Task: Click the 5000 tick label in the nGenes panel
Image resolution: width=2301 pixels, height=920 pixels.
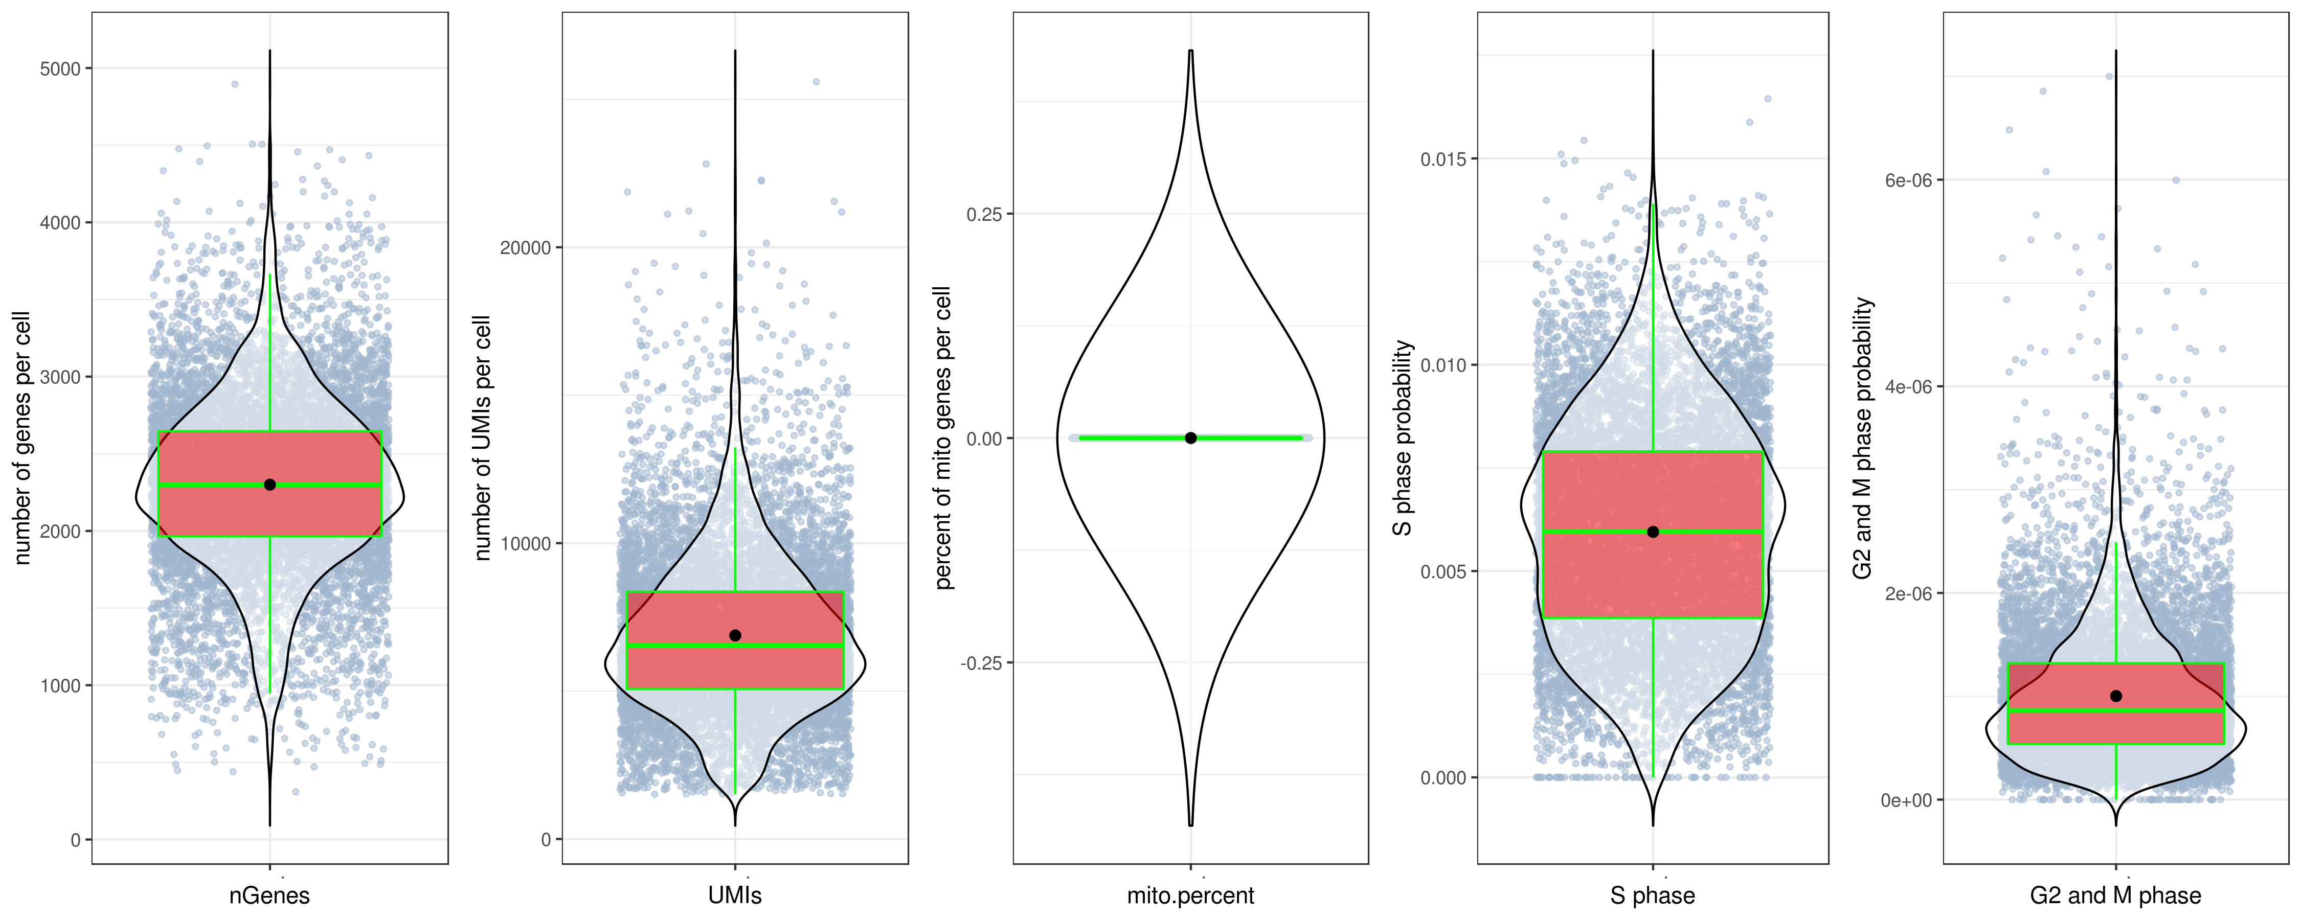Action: [60, 69]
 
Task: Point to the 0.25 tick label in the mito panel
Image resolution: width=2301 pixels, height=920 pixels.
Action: [983, 214]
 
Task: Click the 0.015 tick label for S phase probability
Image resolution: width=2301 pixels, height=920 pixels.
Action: [1443, 159]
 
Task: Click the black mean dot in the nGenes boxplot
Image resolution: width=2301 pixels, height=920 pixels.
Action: [270, 484]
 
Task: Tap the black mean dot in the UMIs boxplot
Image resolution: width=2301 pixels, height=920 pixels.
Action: [735, 635]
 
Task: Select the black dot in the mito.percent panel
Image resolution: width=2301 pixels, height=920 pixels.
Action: [1191, 438]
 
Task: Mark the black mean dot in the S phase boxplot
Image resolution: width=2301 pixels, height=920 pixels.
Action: [1653, 532]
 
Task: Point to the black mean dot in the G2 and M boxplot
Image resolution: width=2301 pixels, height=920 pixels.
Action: [2115, 696]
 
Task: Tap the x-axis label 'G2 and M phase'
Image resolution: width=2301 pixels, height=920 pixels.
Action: [2115, 895]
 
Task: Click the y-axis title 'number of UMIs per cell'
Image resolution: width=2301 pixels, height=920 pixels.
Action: [482, 438]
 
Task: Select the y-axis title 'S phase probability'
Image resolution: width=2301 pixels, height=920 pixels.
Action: [1403, 438]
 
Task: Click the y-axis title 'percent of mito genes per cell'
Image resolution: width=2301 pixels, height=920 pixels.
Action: [943, 438]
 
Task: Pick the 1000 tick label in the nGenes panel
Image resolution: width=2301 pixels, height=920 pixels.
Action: [60, 686]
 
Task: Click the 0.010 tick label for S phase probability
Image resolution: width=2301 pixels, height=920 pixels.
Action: [1443, 365]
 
